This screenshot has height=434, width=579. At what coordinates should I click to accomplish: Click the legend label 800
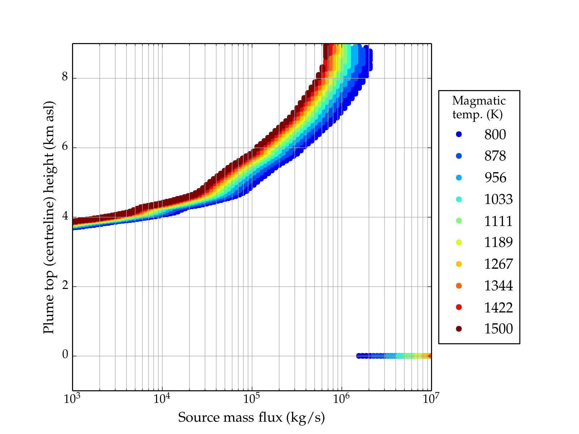point(495,135)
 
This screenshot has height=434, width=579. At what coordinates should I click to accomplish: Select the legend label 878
point(495,156)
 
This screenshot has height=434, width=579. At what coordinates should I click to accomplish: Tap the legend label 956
point(495,178)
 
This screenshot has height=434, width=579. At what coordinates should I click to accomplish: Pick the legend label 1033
point(498,199)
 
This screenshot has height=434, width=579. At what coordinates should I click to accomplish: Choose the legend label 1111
point(498,221)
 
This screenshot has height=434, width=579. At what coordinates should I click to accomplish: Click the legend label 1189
point(498,242)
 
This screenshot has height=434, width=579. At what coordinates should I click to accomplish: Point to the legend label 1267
point(498,264)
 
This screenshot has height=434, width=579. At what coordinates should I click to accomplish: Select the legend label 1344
point(498,286)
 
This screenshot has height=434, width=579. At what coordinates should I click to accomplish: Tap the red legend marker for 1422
point(459,307)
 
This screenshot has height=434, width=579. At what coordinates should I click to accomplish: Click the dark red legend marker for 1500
point(459,328)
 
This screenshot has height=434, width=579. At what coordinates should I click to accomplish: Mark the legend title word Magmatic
point(479,101)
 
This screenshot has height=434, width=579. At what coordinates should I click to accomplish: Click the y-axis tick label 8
point(65,77)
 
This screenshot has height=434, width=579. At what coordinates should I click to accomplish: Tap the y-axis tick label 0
point(65,355)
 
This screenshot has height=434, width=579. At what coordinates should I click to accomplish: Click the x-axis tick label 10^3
point(72,399)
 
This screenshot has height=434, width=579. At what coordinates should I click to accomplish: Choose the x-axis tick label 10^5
point(252,399)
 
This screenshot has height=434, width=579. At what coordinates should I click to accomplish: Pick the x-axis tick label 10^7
point(431,399)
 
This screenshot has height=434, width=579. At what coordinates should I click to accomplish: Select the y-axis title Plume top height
point(48,217)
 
